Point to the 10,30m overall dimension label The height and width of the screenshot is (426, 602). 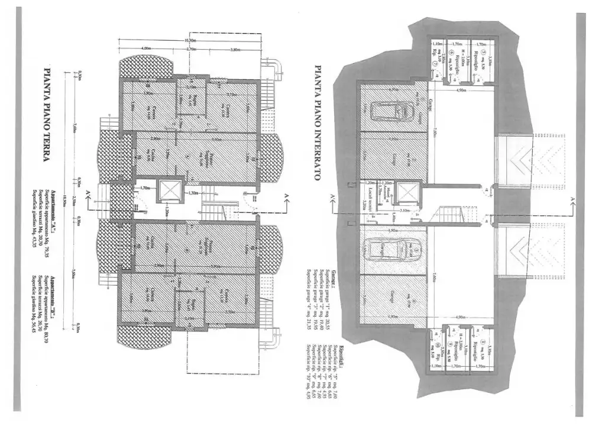189,40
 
